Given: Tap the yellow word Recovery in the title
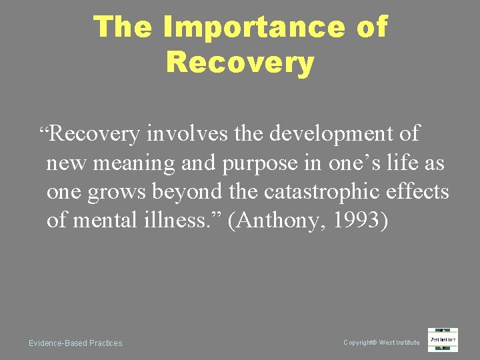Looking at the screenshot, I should (240, 63).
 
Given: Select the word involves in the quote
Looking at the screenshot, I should (189, 134).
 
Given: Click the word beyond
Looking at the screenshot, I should (183, 192).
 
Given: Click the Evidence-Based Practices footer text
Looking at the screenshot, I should (75, 343).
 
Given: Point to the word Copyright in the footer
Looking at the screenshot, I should (359, 343).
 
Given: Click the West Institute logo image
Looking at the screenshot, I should (443, 339).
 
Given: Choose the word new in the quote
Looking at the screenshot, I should (62, 163).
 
